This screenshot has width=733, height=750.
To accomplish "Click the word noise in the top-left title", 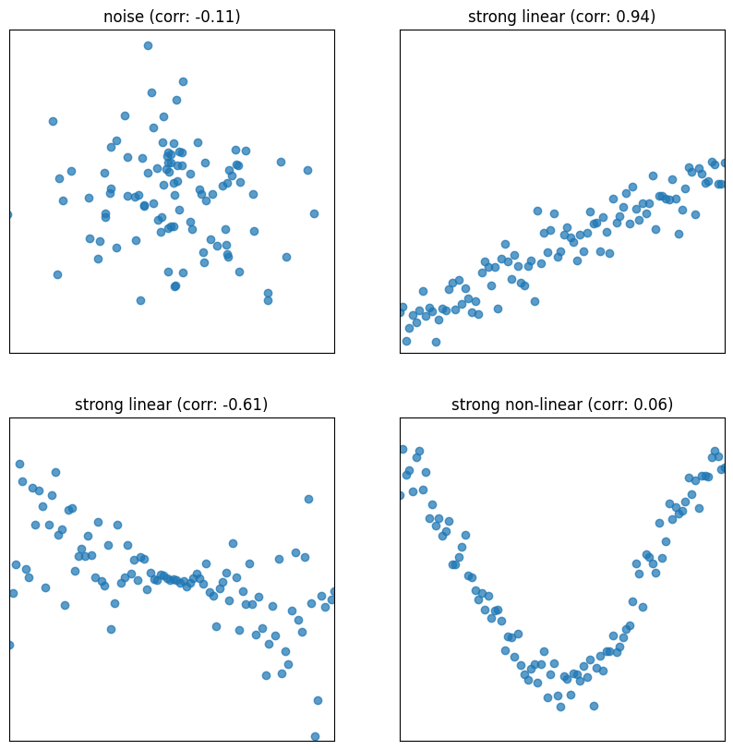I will [124, 17].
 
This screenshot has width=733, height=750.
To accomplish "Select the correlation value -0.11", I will [218, 17].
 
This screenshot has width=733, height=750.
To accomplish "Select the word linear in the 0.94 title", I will [542, 17].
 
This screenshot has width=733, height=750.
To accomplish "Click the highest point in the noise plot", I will [148, 45].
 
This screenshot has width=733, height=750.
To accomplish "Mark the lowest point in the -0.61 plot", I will [315, 736].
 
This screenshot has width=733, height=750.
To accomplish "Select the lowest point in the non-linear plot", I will [560, 707].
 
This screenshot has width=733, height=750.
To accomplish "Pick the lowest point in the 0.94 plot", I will [436, 342].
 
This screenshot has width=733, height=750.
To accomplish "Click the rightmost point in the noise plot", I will [314, 213].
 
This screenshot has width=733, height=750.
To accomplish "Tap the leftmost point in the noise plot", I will [9, 214].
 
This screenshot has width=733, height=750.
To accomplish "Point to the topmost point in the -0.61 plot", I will [19, 464].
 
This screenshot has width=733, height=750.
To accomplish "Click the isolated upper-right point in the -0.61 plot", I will [308, 499].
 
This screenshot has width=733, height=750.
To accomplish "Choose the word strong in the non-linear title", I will [475, 405].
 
